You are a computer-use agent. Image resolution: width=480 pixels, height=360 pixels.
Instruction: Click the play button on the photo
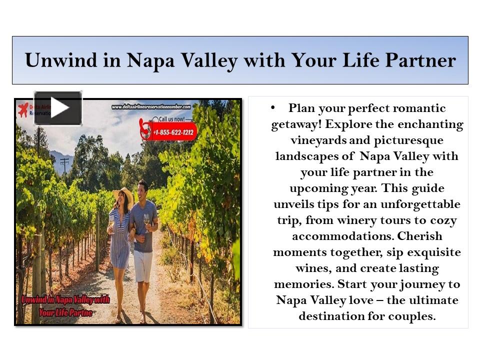pos(58,108)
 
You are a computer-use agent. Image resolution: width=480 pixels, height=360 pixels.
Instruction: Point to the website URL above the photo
pos(151,106)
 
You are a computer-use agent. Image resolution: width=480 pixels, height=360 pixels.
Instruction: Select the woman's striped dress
pos(120,240)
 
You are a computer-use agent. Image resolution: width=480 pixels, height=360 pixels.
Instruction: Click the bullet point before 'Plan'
pos(272,107)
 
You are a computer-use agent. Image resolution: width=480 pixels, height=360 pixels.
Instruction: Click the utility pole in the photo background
pos(64,165)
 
